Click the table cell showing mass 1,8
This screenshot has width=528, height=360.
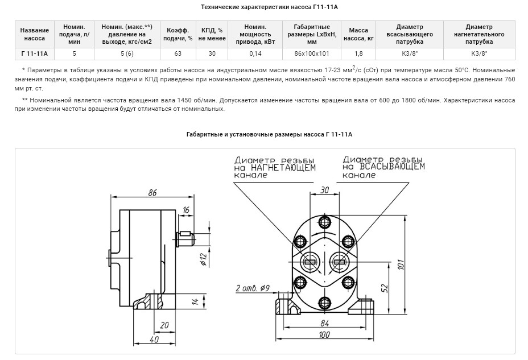click(x=358, y=53)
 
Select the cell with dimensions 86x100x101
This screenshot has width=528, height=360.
click(x=311, y=53)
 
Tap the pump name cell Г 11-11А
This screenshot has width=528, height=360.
click(x=34, y=53)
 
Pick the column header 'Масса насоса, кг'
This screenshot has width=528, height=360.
click(x=358, y=34)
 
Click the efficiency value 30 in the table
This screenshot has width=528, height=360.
click(x=212, y=53)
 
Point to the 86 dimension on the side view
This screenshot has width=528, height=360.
click(x=152, y=192)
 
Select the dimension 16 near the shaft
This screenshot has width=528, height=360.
click(x=185, y=210)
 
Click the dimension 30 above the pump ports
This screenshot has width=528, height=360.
click(x=324, y=189)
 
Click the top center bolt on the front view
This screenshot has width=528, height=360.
click(x=325, y=221)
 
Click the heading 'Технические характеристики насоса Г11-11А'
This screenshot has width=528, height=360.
click(x=265, y=7)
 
